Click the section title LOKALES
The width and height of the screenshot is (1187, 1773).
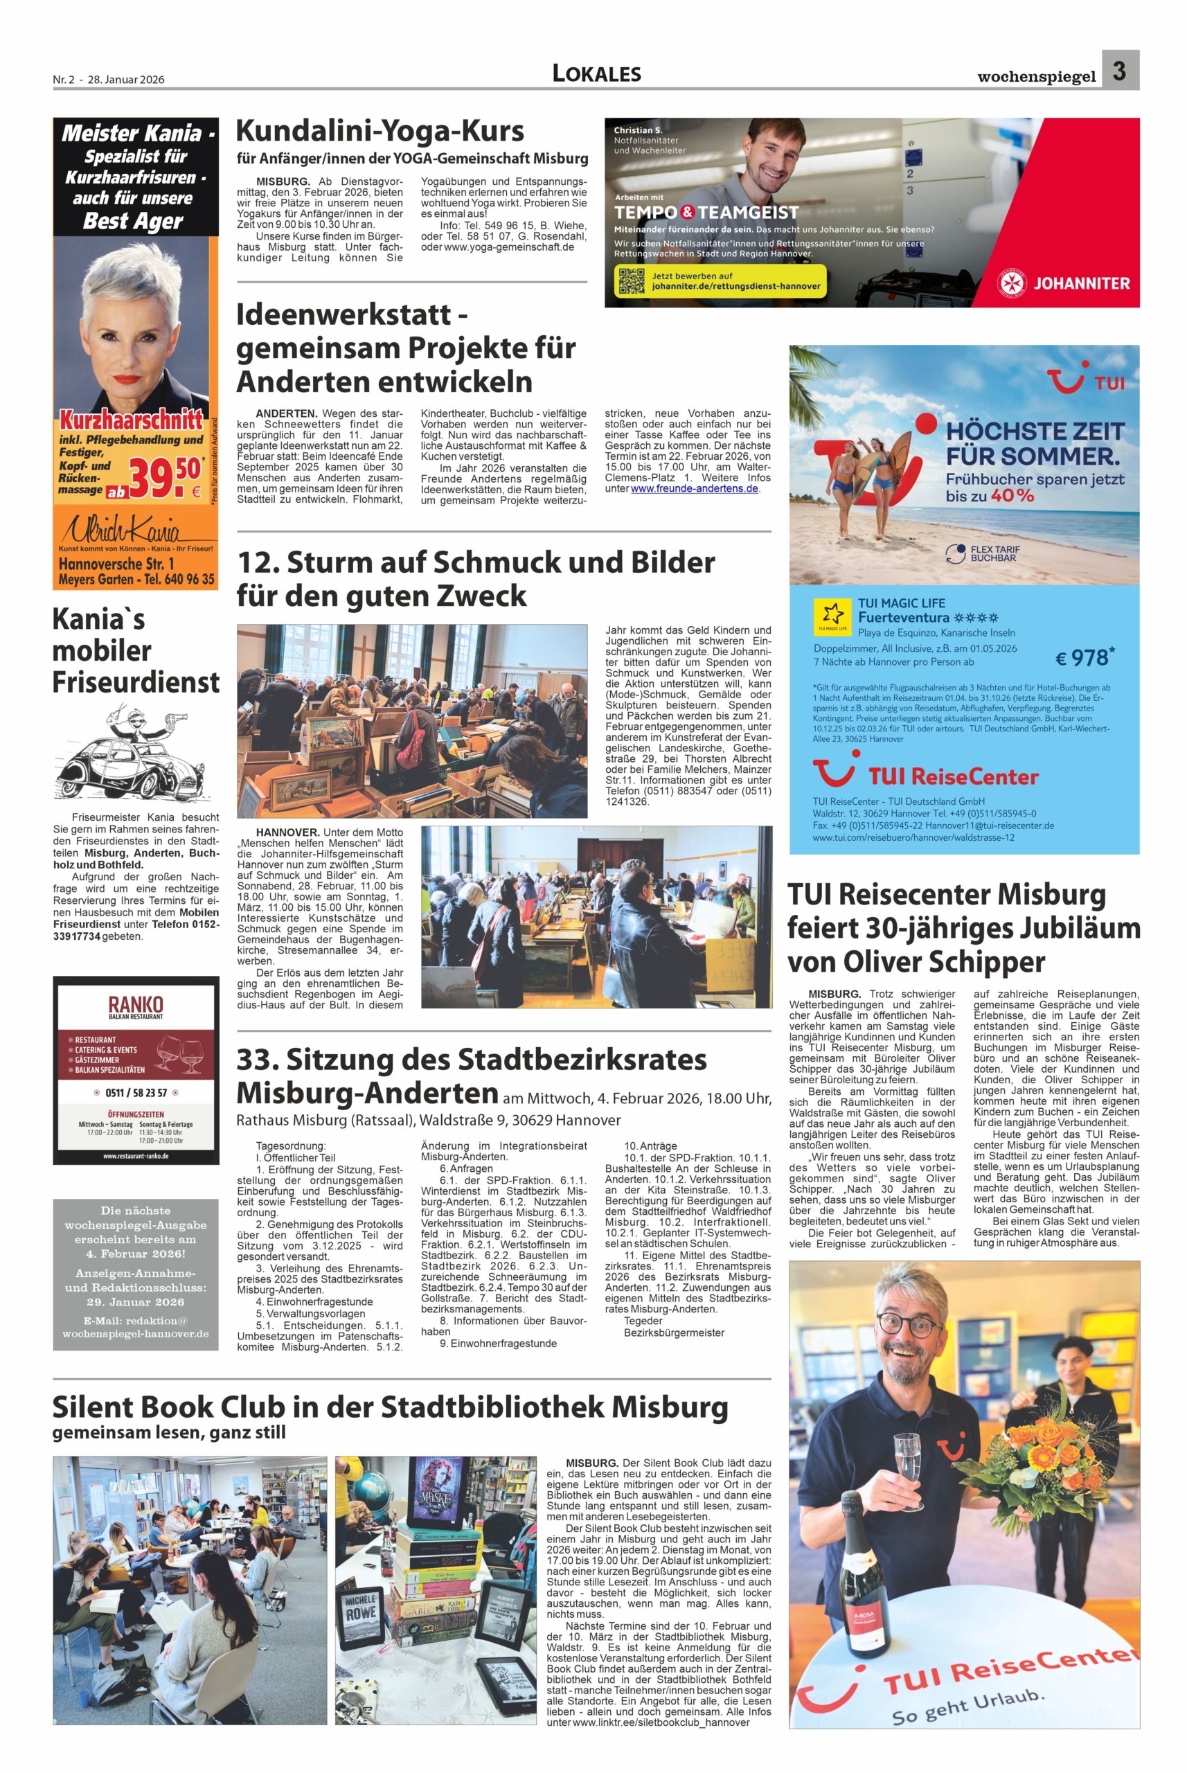coord(596,73)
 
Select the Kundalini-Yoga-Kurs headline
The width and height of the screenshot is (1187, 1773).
coord(380,131)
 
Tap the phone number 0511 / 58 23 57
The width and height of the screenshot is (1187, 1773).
coord(136,1092)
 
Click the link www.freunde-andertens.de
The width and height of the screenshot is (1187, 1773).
coord(693,488)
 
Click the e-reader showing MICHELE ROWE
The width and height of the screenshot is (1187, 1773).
coord(360,1624)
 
